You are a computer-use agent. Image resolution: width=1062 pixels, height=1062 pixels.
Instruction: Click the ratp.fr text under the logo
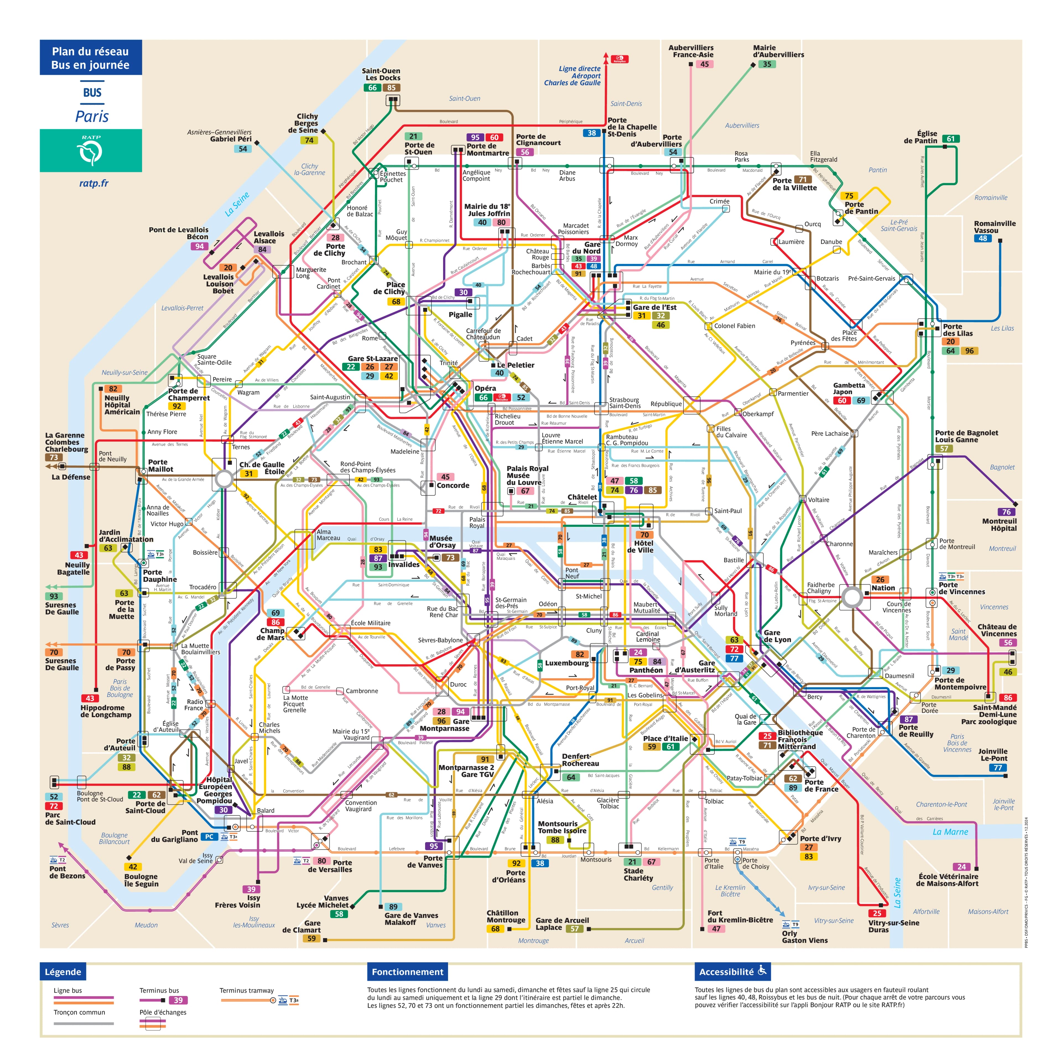click(93, 183)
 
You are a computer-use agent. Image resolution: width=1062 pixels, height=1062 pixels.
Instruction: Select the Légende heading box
click(63, 972)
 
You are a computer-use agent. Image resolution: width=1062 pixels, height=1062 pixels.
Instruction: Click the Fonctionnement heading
click(407, 972)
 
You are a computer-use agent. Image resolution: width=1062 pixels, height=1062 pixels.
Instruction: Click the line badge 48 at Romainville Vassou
click(983, 239)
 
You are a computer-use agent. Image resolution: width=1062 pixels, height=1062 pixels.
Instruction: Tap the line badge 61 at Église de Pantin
click(951, 139)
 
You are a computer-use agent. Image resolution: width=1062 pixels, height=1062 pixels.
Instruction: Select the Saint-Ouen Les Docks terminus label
click(381, 74)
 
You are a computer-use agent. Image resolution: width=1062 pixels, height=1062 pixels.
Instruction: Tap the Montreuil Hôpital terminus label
click(999, 525)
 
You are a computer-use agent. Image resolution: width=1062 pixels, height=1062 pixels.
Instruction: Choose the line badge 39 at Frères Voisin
click(251, 889)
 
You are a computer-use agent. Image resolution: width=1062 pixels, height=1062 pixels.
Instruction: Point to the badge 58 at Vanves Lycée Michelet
click(339, 914)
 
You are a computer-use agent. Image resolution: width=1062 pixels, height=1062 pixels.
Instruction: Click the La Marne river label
click(951, 832)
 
